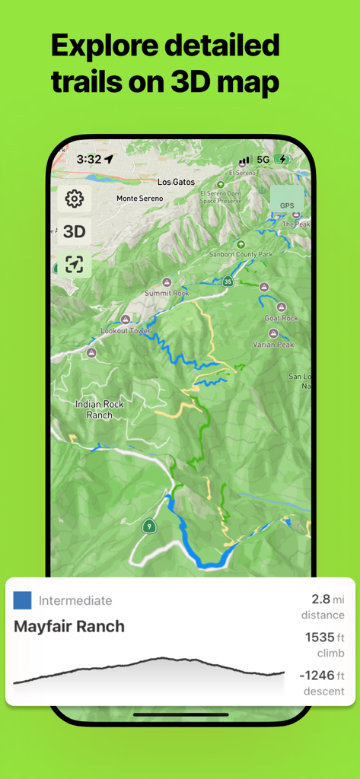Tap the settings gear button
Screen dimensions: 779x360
[74, 199]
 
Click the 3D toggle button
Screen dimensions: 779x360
[74, 232]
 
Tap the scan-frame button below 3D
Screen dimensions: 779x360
[74, 264]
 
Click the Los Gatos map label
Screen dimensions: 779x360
[176, 183]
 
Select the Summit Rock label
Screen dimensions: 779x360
[167, 293]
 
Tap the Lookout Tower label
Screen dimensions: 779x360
[126, 331]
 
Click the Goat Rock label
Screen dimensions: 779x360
[281, 318]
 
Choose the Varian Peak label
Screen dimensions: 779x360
[273, 345]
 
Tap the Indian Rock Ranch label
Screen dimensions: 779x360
[100, 409]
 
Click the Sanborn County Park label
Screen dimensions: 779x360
[241, 253]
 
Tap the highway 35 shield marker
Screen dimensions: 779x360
[228, 281]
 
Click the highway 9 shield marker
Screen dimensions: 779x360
[149, 526]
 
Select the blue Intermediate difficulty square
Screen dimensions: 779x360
[23, 600]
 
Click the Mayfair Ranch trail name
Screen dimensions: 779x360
[69, 627]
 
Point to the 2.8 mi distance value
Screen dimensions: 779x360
[327, 600]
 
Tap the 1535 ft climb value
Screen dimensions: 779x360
[325, 638]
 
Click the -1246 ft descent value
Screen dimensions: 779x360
[321, 676]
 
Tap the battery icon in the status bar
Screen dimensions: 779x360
[283, 160]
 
